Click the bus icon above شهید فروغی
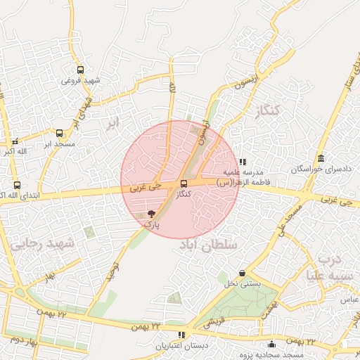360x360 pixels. click(x=80, y=70)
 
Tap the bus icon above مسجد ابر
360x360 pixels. click(x=59, y=132)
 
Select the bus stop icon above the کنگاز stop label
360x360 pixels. click(x=184, y=184)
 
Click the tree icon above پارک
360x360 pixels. click(x=151, y=213)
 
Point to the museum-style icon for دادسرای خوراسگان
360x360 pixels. click(x=321, y=158)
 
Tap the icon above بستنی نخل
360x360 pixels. click(x=243, y=273)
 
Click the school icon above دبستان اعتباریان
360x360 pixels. click(x=181, y=335)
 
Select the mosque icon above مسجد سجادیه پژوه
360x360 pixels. click(x=272, y=344)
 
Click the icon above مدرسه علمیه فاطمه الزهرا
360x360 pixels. click(x=243, y=161)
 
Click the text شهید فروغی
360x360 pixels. click(x=81, y=81)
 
